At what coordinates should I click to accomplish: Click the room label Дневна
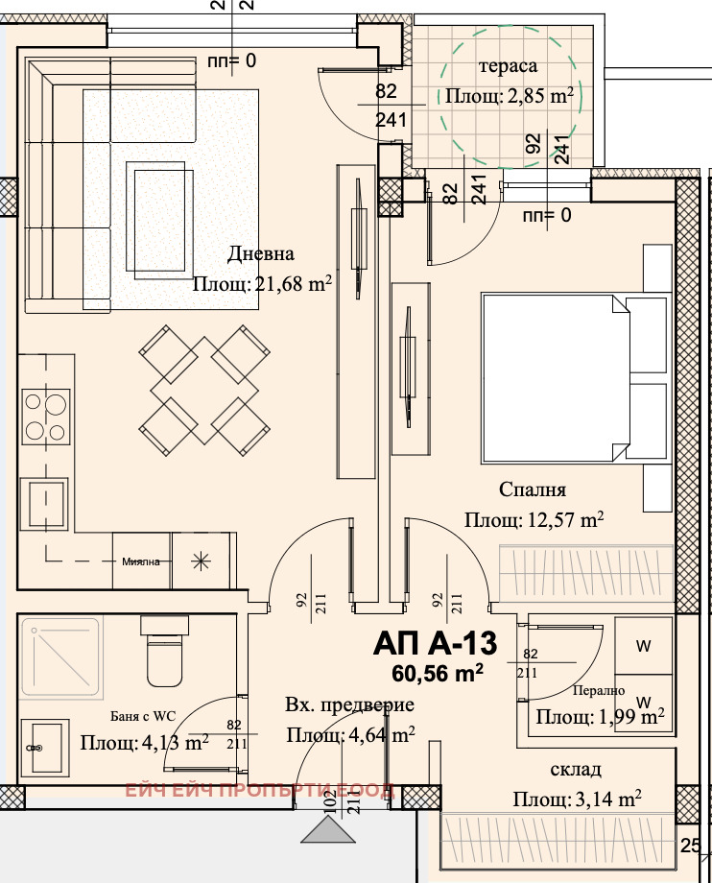point(261,254)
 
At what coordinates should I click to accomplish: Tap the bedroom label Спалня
point(533,489)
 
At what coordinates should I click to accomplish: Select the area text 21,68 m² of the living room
point(294,283)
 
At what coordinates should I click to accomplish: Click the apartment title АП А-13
point(435,643)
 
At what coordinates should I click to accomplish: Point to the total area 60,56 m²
point(438,673)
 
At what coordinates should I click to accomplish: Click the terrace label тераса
point(509,66)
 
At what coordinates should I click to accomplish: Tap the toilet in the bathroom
point(165,651)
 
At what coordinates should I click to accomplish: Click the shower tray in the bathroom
point(62,657)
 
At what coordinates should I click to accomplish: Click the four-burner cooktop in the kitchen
point(46,417)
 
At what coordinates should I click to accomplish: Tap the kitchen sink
point(44,504)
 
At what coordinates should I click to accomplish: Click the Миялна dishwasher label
point(141,561)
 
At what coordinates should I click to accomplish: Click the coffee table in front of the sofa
point(160,220)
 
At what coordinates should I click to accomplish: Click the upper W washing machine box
point(643,646)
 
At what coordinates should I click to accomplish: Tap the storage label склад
point(575,769)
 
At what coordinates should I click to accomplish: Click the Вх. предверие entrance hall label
point(349,705)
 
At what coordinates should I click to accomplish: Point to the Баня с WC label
point(143,716)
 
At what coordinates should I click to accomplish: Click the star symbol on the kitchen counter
point(201,561)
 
